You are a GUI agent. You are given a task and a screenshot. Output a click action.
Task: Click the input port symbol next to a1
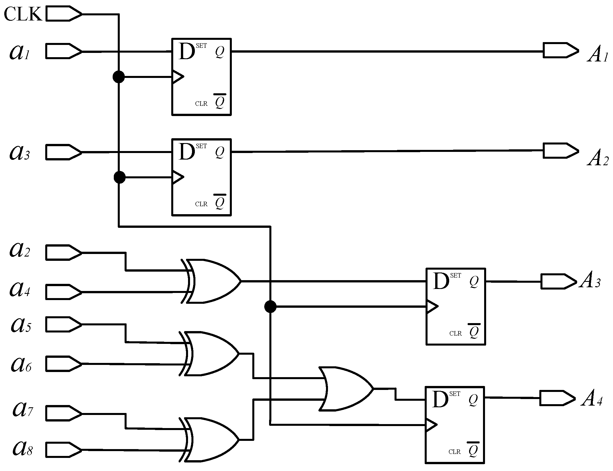point(63,51)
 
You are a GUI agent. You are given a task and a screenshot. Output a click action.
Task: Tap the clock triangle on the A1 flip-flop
point(178,77)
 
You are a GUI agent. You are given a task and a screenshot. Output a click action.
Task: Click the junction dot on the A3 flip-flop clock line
point(270,307)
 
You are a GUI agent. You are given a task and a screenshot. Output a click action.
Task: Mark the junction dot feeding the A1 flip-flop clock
point(119,77)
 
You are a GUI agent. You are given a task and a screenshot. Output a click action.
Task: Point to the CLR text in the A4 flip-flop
point(454,452)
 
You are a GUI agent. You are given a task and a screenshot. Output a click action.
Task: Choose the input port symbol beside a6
point(63,363)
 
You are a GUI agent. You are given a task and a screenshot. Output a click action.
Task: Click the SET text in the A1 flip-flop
point(201,46)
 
